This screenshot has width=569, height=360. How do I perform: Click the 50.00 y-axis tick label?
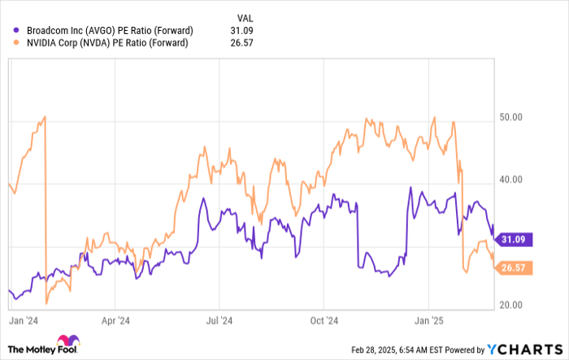point(510,118)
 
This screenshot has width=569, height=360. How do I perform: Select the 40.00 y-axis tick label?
point(510,180)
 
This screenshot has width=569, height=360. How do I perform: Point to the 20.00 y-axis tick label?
point(510,304)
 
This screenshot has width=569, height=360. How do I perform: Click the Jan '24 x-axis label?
point(24,320)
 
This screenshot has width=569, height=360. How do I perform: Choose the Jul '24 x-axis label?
point(215,320)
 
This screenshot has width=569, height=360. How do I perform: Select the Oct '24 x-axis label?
point(324,320)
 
